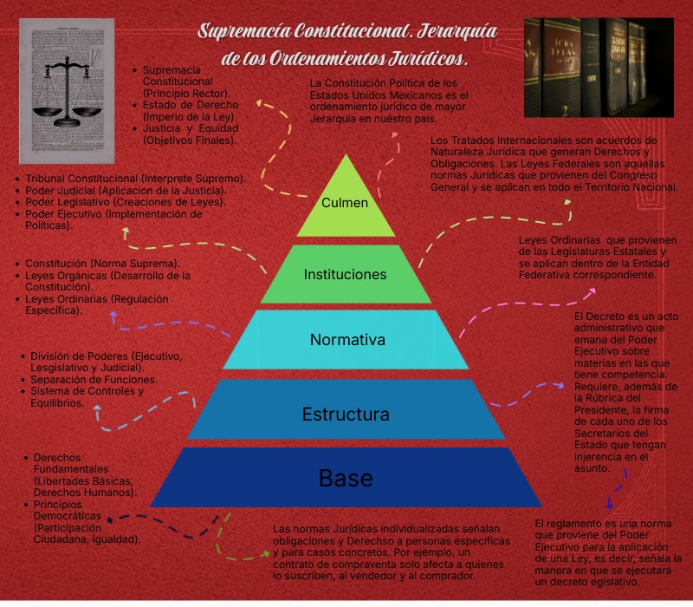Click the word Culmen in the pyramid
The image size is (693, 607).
tap(345, 203)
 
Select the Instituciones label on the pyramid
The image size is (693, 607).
tap(345, 274)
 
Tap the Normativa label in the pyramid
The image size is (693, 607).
tap(346, 339)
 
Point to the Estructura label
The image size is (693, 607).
tap(346, 414)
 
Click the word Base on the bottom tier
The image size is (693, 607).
tap(346, 477)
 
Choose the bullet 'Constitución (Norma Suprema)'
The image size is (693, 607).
tap(102, 263)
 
